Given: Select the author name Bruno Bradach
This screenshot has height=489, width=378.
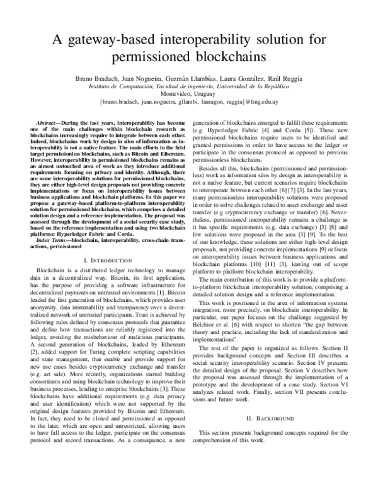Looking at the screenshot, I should tap(105, 79).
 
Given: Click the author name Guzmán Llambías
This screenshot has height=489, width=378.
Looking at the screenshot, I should tap(197, 79).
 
